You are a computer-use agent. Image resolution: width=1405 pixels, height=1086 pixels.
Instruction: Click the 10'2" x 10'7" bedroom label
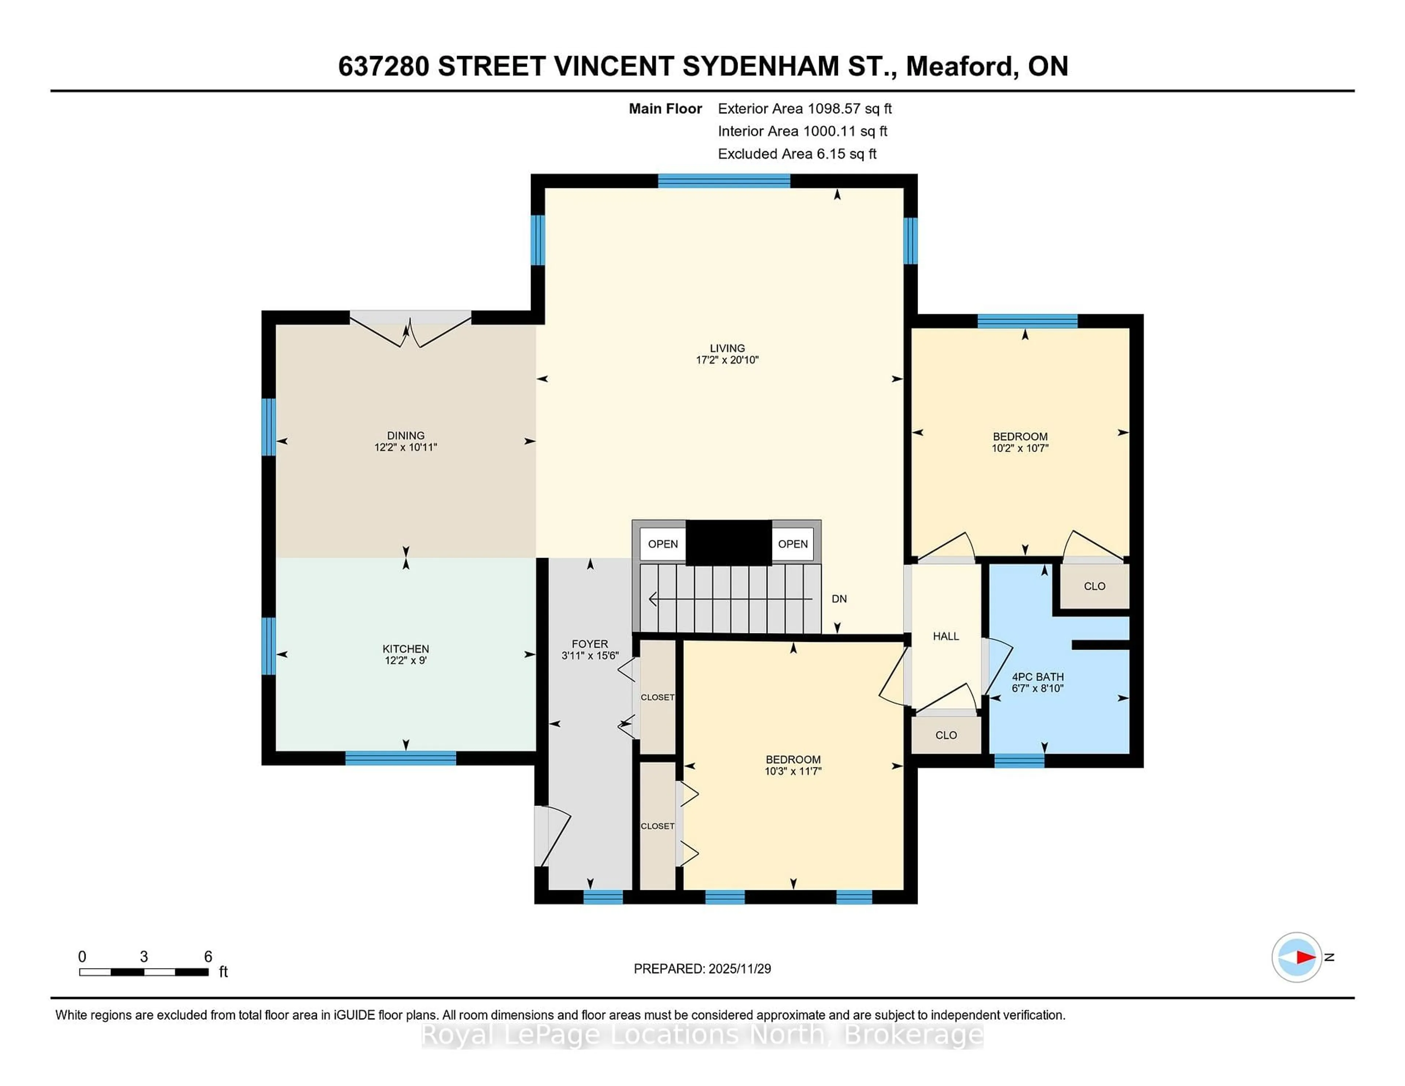(1020, 442)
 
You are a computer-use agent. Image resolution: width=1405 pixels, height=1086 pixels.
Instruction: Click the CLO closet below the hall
(946, 735)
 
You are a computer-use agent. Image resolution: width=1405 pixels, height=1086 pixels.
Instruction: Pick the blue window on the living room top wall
(724, 181)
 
